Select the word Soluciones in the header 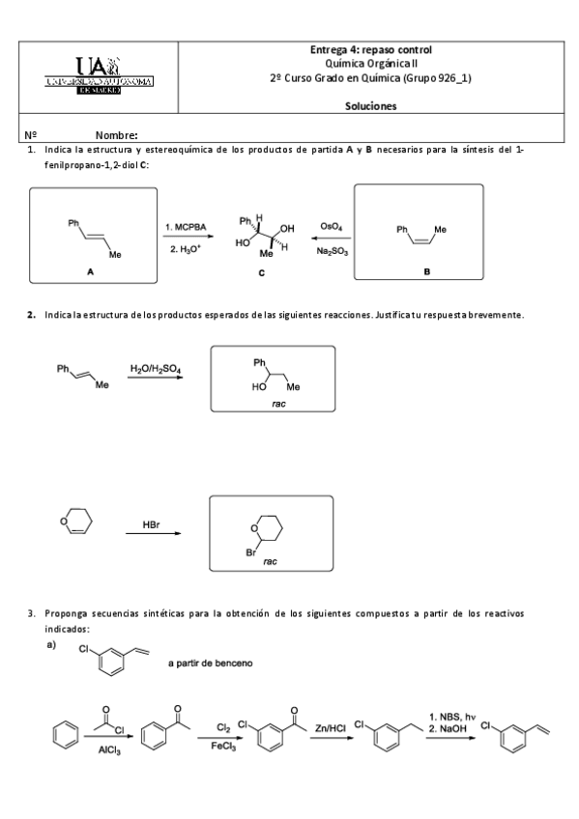tap(371, 106)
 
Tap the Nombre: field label tap(117, 135)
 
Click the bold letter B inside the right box tap(426, 273)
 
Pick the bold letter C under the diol tap(261, 274)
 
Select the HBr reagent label tap(152, 524)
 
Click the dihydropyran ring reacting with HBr tap(75, 524)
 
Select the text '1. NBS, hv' tap(452, 716)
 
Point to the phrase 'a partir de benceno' tap(211, 664)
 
